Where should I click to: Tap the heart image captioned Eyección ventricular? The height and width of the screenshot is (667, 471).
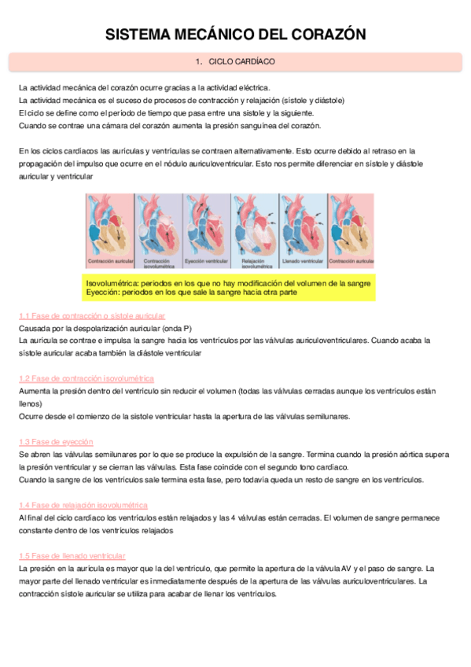coord(205,225)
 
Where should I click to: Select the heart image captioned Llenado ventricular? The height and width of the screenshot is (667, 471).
coord(301,225)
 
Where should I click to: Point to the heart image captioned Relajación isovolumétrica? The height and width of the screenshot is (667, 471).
coord(253,225)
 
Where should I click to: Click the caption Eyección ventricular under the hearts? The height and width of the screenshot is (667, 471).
coord(205,260)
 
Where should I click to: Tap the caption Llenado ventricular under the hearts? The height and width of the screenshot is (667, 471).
coord(301,260)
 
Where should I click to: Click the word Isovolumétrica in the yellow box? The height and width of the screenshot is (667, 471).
coord(116,282)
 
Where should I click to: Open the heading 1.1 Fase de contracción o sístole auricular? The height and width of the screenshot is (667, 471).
coord(92,315)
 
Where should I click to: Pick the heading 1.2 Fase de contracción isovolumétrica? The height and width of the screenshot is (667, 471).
coord(86,378)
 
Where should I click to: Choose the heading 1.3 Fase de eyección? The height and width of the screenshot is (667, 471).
coord(56,442)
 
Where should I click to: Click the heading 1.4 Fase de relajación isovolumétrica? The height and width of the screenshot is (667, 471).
coord(83,505)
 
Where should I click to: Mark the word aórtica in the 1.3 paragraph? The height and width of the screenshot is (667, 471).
coord(404,455)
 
